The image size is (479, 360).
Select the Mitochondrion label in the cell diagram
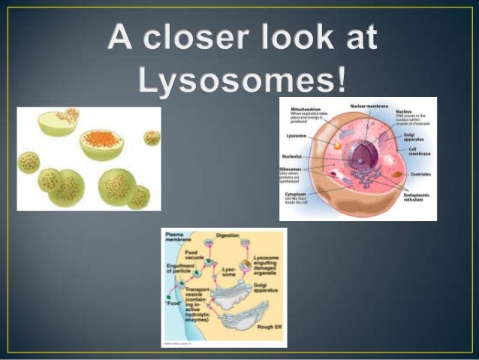pyautogui.click(x=303, y=109)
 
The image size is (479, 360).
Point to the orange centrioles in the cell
pyautogui.click(x=396, y=174)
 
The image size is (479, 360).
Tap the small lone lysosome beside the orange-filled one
pyautogui.click(x=152, y=138)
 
